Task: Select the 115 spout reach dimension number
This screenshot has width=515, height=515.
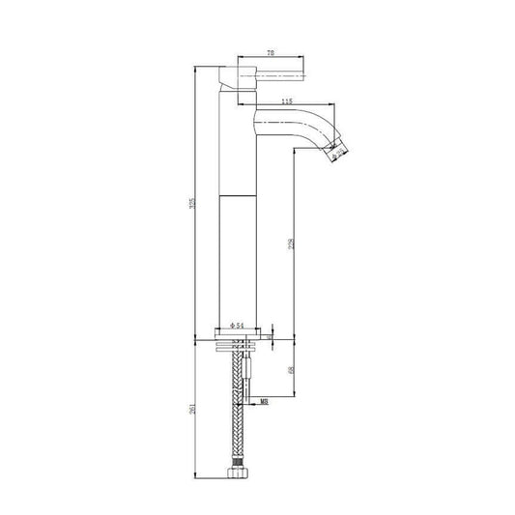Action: tap(287, 101)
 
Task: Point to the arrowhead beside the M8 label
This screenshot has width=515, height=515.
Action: tap(253, 396)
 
